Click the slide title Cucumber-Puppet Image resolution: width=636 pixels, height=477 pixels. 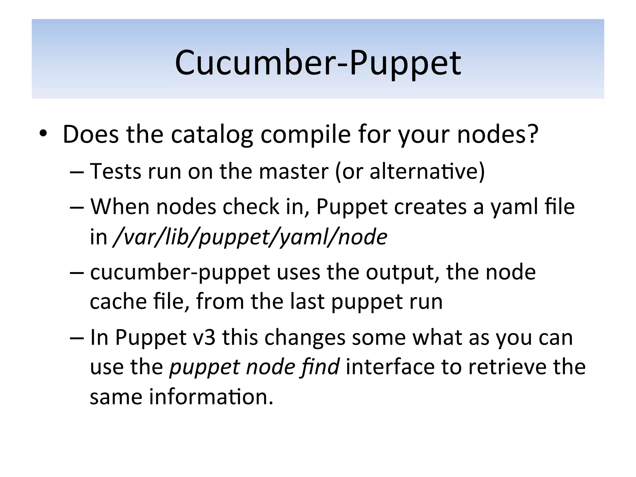coord(318,63)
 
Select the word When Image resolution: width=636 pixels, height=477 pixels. coord(120,207)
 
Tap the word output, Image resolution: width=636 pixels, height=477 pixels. coord(403,273)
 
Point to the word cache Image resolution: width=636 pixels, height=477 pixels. coord(118,302)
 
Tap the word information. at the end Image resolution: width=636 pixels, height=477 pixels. coord(211,397)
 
